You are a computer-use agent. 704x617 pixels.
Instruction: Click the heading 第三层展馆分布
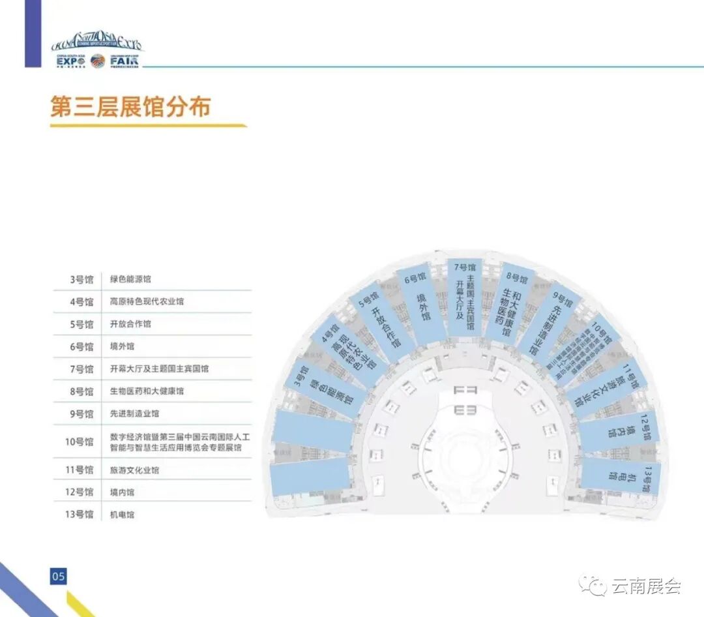[x=131, y=107]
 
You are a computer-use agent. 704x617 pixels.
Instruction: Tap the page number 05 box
[x=59, y=576]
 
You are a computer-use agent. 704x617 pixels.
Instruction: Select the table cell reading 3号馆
[x=81, y=279]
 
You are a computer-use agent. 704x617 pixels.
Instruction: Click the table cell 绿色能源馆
[x=130, y=279]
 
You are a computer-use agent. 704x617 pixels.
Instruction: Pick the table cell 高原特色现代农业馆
[x=147, y=301]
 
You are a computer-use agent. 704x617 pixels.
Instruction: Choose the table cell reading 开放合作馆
[x=130, y=324]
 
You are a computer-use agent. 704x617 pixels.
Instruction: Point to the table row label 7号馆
[x=81, y=369]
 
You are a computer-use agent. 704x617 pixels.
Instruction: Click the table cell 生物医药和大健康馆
[x=147, y=391]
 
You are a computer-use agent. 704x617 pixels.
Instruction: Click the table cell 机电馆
[x=123, y=515]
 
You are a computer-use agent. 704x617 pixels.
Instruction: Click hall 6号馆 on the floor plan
[x=420, y=300]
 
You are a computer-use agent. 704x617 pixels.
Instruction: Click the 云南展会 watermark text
[x=645, y=586]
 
